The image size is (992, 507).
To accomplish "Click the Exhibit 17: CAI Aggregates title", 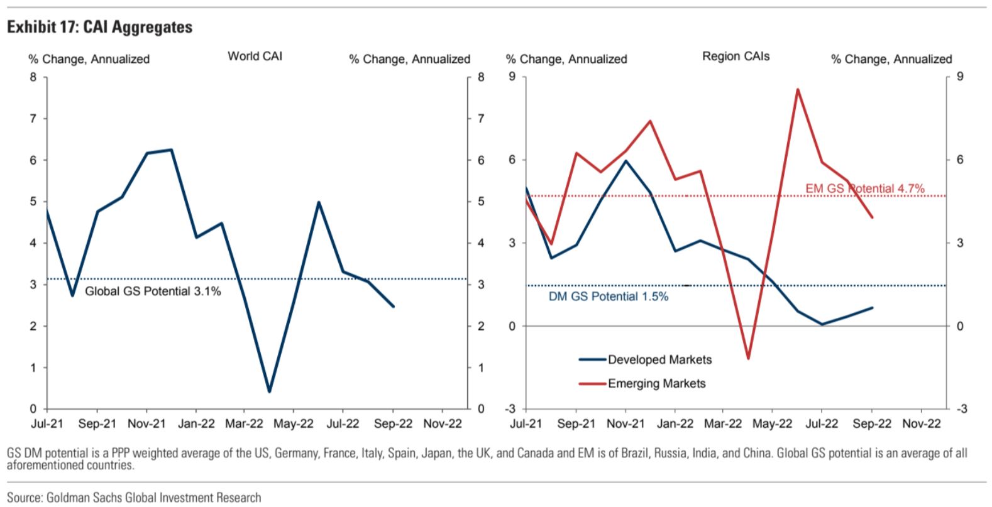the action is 100,27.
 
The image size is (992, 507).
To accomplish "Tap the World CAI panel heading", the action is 255,56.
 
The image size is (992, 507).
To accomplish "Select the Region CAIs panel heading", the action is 736,56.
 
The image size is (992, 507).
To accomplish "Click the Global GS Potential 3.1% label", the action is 153,291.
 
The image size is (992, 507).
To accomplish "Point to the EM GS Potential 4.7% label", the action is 864,188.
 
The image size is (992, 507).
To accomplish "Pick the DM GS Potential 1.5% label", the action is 609,297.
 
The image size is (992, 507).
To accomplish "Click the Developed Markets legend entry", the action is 645,360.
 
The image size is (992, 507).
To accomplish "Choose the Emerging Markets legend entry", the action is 642,383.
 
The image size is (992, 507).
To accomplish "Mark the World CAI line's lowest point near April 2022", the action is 269,391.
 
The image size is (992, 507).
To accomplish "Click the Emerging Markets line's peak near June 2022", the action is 798,89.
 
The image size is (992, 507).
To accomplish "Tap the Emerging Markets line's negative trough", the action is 749,358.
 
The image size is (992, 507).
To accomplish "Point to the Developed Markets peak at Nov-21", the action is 626,161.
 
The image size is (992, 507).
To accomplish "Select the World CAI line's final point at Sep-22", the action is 394,306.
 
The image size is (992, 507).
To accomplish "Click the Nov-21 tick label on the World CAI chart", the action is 146,424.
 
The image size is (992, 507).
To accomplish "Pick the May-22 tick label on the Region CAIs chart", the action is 773,424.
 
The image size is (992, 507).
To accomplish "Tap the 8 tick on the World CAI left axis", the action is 33,77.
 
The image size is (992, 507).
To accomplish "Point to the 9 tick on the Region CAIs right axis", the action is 960,77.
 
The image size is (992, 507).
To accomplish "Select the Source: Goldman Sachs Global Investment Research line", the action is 134,498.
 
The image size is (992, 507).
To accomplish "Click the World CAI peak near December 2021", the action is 172,150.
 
